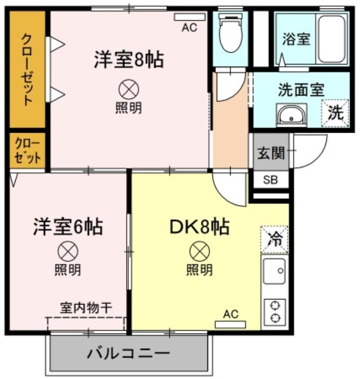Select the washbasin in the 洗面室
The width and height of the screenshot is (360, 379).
292,115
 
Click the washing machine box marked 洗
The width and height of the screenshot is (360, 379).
335,113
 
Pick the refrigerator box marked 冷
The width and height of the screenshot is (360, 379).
274,240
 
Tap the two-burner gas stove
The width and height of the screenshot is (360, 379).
275,312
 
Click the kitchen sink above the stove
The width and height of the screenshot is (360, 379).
274,271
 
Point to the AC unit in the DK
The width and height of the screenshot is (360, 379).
231,325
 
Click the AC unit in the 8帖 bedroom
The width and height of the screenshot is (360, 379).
190,17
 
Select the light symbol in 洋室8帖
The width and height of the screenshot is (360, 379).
129,90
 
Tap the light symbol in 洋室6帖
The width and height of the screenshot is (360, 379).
68,252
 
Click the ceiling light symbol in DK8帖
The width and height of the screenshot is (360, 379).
200,252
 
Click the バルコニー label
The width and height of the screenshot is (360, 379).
128,353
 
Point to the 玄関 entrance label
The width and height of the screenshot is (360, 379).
271,153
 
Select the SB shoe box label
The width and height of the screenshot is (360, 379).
270,180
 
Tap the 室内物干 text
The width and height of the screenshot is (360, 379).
86,308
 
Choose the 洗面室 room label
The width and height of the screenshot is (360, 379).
301,90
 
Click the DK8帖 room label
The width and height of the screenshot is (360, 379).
200,227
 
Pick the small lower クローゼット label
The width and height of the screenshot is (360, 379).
28,151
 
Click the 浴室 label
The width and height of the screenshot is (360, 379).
296,39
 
